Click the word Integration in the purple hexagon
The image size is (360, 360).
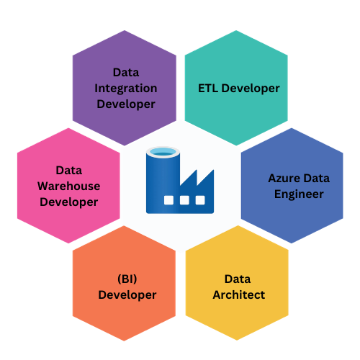pyautogui.click(x=126, y=89)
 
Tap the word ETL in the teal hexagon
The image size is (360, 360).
pyautogui.click(x=208, y=88)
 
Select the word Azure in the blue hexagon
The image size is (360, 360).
pyautogui.click(x=284, y=178)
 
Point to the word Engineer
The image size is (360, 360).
pyautogui.click(x=299, y=194)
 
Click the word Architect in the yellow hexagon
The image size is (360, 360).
pyautogui.click(x=239, y=294)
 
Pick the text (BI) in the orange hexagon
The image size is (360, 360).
pyautogui.click(x=127, y=279)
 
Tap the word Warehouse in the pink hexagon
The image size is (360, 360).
pyautogui.click(x=69, y=186)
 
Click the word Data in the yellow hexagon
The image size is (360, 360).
pyautogui.click(x=238, y=279)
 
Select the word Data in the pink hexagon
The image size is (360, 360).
pyautogui.click(x=69, y=171)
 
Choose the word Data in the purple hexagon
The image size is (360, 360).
pyautogui.click(x=126, y=73)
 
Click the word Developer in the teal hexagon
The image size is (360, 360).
pyautogui.click(x=251, y=89)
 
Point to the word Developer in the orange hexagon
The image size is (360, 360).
pyautogui.click(x=127, y=295)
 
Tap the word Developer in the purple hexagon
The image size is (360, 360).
pyautogui.click(x=126, y=104)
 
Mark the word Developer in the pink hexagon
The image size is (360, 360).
pyautogui.click(x=69, y=202)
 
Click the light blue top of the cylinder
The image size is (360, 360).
pyautogui.click(x=163, y=152)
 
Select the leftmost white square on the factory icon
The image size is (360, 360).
pyautogui.click(x=168, y=200)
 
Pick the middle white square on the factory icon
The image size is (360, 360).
pyautogui.click(x=184, y=200)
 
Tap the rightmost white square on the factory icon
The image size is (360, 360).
pyautogui.click(x=200, y=200)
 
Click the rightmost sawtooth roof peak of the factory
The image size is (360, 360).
pyautogui.click(x=213, y=171)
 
